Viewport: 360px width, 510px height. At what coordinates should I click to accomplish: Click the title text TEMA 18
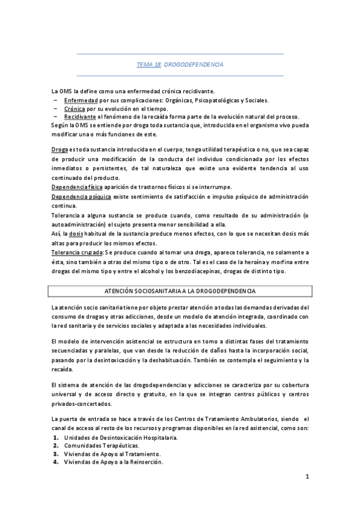[x=148, y=64]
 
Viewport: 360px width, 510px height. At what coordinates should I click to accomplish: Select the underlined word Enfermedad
[x=79, y=100]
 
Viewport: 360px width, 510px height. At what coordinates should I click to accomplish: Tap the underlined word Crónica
[x=74, y=108]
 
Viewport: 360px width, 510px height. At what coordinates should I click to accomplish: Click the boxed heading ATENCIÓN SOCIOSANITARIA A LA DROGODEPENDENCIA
[x=180, y=290]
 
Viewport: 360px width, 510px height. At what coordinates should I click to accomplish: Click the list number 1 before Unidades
[x=56, y=437]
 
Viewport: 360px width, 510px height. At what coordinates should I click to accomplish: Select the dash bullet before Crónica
[x=56, y=108]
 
